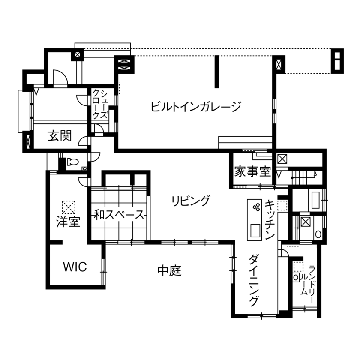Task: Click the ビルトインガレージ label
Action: (x=196, y=106)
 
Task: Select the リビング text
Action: (x=191, y=200)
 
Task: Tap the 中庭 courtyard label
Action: (x=170, y=271)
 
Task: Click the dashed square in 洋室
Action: (x=68, y=207)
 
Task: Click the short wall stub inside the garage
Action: (x=217, y=71)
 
